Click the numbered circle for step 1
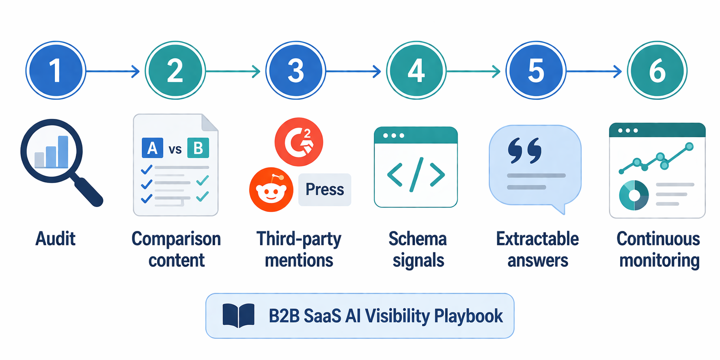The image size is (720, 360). pyautogui.click(x=56, y=71)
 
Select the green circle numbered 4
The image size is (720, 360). pyautogui.click(x=416, y=71)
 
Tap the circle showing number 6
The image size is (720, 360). pyautogui.click(x=657, y=71)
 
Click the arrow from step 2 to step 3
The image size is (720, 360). pyautogui.click(x=233, y=71)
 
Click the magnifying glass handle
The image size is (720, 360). pyautogui.click(x=88, y=192)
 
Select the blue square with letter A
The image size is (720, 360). pyautogui.click(x=152, y=148)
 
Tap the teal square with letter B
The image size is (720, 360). pyautogui.click(x=198, y=148)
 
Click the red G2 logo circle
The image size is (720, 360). pyautogui.click(x=299, y=142)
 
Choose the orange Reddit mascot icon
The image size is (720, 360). pyautogui.click(x=271, y=190)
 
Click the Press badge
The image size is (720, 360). pyautogui.click(x=325, y=190)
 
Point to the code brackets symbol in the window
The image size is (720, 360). pyautogui.click(x=416, y=175)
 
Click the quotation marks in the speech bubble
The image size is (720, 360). pyautogui.click(x=524, y=150)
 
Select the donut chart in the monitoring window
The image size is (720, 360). pyautogui.click(x=634, y=195)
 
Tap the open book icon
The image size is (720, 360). pyautogui.click(x=239, y=315)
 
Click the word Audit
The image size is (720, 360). pyautogui.click(x=56, y=239)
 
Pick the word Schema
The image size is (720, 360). pyautogui.click(x=418, y=239)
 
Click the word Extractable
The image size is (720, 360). pyautogui.click(x=537, y=239)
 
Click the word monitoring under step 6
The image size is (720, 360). pyautogui.click(x=660, y=261)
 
